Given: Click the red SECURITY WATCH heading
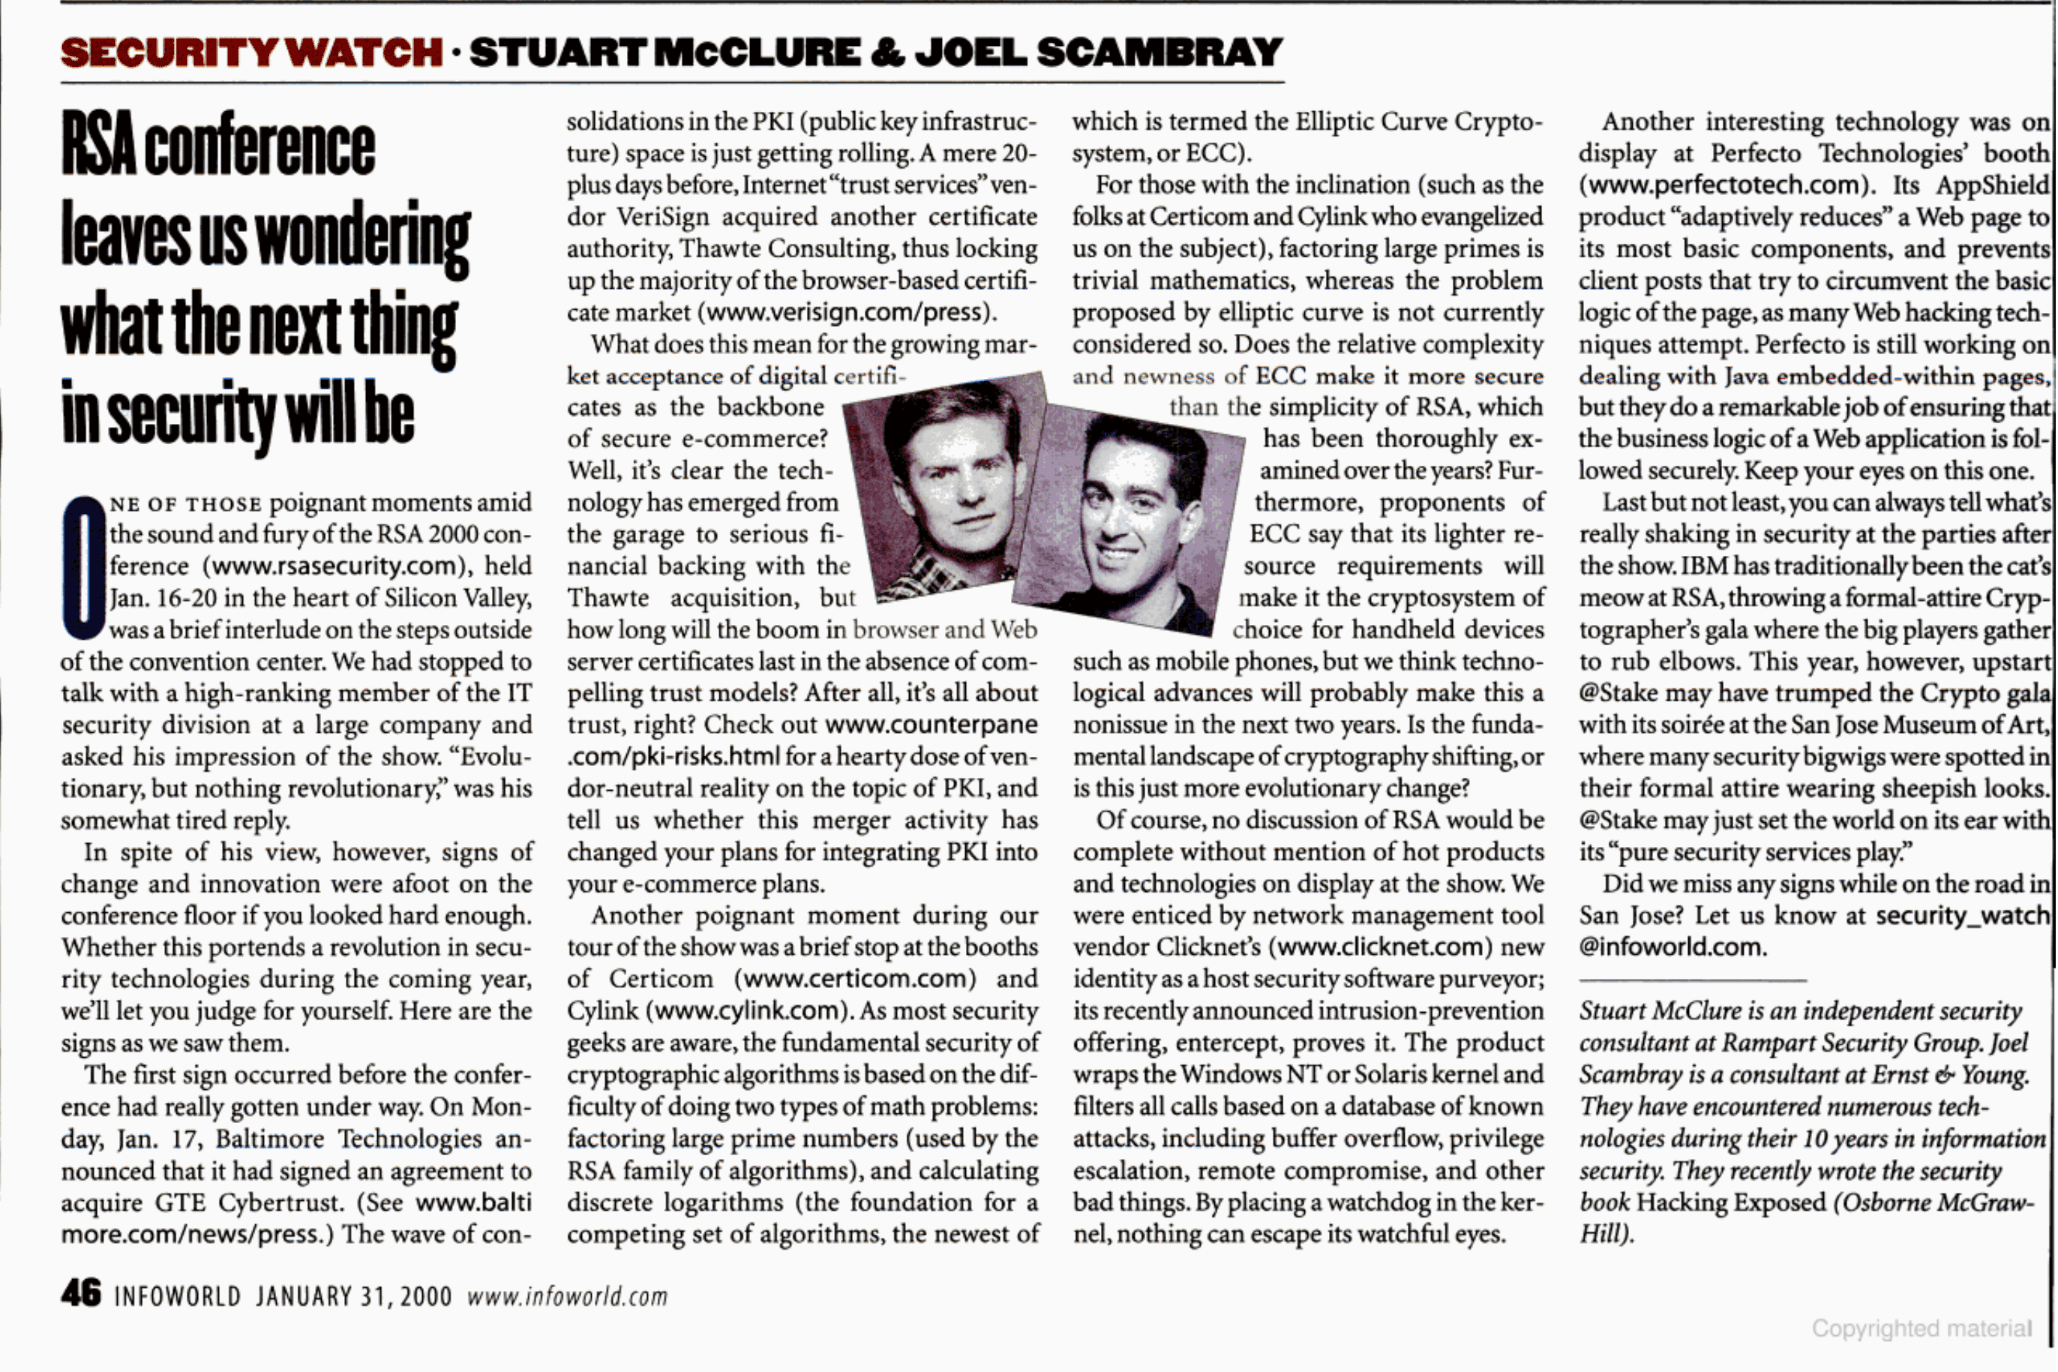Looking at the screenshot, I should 251,52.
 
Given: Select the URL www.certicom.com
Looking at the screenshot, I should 855,979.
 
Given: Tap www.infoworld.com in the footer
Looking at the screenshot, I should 567,1297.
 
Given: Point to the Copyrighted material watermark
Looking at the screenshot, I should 1921,1329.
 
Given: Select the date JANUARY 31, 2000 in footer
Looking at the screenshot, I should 354,1297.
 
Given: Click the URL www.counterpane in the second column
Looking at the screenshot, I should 931,725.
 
